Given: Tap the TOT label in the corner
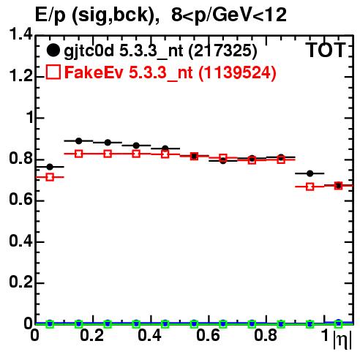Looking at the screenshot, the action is point(326,50).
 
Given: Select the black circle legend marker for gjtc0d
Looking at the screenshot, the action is point(53,50).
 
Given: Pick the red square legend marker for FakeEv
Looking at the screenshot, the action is point(53,72).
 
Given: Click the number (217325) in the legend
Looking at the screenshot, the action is point(222,50).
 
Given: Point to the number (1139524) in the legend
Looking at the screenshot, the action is point(237,72).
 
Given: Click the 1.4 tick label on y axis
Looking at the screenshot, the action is point(20,34).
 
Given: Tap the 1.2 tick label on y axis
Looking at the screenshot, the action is point(20,76).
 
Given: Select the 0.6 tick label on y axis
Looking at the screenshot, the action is point(20,200).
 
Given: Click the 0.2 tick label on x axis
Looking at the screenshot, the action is point(92,335).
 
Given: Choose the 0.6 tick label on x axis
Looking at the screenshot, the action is point(208,335).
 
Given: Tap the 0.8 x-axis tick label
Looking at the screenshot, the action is point(266,335).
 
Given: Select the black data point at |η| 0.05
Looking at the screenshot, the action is point(50,167).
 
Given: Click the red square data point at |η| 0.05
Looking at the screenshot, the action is point(50,177).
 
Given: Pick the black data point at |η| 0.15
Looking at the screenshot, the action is point(78,140).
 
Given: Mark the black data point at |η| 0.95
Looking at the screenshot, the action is point(310,173).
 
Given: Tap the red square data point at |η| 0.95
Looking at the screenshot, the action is point(310,187).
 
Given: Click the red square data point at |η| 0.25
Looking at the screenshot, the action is point(108,154).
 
